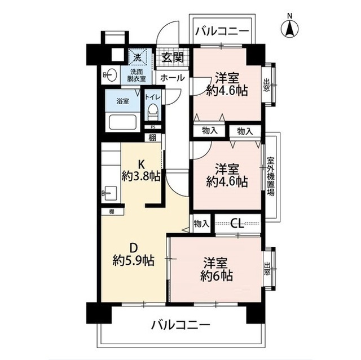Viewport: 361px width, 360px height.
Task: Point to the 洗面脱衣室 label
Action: pyautogui.click(x=137, y=75)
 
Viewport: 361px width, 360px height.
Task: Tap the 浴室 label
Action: pyautogui.click(x=122, y=102)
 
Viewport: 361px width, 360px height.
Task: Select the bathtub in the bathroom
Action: pyautogui.click(x=122, y=123)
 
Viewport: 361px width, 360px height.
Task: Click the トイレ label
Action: pyautogui.click(x=152, y=97)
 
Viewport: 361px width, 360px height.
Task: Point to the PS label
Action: pyautogui.click(x=152, y=127)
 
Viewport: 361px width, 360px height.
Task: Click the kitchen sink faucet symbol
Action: pyautogui.click(x=107, y=193)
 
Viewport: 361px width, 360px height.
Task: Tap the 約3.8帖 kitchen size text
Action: pyautogui.click(x=140, y=176)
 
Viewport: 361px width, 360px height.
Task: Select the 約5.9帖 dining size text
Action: pyautogui.click(x=133, y=261)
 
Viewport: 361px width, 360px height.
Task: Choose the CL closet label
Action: pyautogui.click(x=237, y=224)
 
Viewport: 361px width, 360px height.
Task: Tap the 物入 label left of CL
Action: pyautogui.click(x=201, y=224)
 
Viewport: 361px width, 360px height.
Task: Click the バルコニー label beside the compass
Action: pyautogui.click(x=221, y=31)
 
